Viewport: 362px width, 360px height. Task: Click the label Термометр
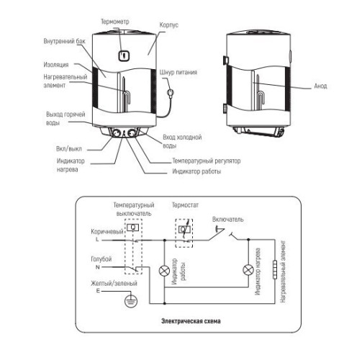115,22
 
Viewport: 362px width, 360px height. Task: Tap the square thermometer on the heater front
125,55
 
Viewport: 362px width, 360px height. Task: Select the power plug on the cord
171,92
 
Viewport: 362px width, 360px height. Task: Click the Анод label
320,86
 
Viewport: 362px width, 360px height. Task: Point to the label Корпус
169,25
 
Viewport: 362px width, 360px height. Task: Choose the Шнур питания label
178,72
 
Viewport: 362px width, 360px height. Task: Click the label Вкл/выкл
69,149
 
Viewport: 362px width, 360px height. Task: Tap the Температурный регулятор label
207,161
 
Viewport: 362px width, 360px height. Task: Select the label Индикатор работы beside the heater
196,171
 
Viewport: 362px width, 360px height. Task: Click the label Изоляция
56,65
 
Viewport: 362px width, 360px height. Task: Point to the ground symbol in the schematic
131,301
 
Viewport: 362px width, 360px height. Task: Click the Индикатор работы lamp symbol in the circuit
164,271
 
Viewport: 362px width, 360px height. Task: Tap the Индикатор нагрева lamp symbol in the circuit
248,270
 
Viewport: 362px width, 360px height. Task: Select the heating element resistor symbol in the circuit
275,269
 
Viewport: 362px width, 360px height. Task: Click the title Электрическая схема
191,321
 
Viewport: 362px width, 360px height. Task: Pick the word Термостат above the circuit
185,205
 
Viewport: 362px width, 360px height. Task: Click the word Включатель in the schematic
228,220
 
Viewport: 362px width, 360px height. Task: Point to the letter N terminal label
97,267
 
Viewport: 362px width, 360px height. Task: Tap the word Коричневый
107,232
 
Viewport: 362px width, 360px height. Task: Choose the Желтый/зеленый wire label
114,284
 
